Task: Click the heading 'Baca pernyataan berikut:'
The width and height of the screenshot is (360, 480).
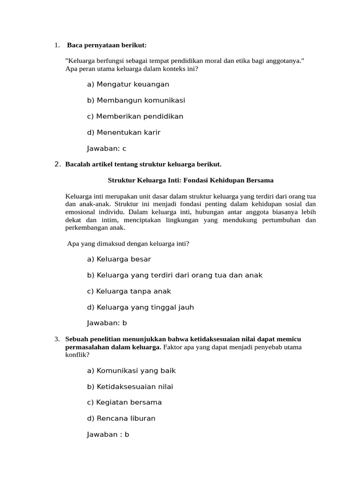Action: point(107,45)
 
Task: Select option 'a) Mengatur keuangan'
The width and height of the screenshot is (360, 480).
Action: point(128,84)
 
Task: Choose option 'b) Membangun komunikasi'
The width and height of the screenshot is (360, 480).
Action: point(136,100)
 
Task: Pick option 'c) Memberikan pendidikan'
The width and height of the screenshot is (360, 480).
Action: point(135,116)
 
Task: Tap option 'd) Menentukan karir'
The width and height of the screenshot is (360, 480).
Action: point(124,132)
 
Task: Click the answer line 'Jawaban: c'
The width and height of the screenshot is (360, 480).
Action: point(106,149)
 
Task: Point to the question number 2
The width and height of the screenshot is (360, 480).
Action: point(57,164)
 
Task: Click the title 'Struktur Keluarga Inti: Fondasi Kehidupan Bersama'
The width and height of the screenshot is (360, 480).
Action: point(190,180)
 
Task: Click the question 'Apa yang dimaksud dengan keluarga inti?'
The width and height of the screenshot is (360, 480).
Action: point(128,243)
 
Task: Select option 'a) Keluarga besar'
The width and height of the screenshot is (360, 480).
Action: point(119,259)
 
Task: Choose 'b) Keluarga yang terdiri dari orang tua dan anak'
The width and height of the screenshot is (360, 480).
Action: point(174,275)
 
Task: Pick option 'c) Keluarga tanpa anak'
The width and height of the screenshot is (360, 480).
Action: point(129,291)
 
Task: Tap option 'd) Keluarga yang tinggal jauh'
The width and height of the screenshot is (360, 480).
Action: point(140,307)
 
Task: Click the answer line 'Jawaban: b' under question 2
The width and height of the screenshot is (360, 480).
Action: point(107,323)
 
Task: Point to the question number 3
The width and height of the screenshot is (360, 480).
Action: point(57,339)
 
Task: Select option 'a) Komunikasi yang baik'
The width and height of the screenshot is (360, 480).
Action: point(131,371)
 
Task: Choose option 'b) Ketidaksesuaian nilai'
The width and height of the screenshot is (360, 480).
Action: point(130,387)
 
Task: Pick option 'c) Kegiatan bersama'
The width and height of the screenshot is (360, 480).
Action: point(124,402)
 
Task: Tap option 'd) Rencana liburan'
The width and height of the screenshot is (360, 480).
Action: point(121,418)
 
